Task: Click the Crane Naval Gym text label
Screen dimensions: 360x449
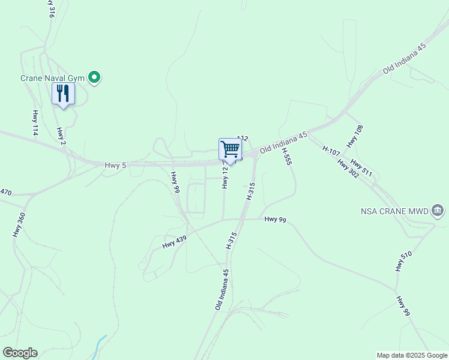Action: tap(53, 78)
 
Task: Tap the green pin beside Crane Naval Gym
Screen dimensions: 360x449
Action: tap(94, 77)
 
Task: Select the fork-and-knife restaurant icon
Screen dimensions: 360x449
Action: tap(63, 93)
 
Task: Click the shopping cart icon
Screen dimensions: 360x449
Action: tap(231, 149)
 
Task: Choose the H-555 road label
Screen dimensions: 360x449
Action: tap(287, 155)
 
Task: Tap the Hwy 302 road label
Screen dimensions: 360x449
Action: tap(348, 169)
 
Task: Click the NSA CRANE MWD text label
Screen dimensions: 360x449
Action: tap(394, 211)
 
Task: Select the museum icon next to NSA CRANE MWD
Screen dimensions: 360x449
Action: tap(438, 211)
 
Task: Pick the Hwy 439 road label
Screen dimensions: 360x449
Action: tap(175, 242)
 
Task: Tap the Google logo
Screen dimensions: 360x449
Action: tap(20, 353)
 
